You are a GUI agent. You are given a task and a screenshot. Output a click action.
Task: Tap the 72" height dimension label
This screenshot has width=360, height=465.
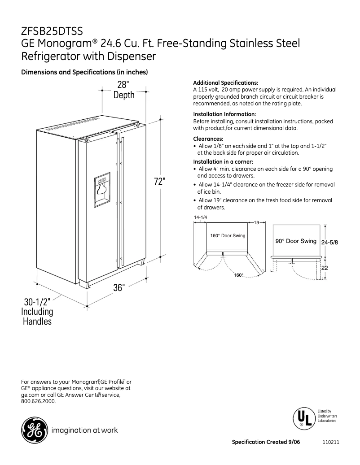coord(160,181)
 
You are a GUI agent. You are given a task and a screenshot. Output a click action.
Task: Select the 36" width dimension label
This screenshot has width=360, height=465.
coord(119,288)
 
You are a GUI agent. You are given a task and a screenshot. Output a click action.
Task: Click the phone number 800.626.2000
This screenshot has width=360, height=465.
coord(39,401)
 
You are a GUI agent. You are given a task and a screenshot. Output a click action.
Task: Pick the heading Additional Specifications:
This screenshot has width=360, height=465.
coord(225,83)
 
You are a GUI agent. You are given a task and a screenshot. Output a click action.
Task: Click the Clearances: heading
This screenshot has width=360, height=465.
coord(208,139)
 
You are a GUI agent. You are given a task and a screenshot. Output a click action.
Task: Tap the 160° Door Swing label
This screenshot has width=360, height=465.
coord(228,236)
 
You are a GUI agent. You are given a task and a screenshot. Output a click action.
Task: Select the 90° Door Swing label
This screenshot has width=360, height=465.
coord(296,241)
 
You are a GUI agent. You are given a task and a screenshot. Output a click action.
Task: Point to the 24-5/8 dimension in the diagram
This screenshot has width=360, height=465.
coord(329,242)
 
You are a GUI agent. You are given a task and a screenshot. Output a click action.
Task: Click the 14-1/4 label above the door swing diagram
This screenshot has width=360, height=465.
coord(200,217)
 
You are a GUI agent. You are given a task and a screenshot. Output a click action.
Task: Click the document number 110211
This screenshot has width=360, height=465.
coord(330,442)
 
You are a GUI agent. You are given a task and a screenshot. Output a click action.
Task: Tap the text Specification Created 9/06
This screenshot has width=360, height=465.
coord(266,442)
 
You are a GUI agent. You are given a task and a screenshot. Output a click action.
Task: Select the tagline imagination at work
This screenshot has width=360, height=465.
coord(85,430)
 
